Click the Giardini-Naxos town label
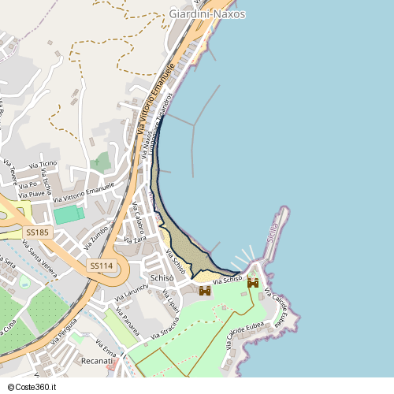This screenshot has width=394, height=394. pyautogui.click(x=207, y=13)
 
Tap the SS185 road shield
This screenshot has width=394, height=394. pyautogui.click(x=37, y=232)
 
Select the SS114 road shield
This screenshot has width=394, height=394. pyautogui.click(x=101, y=266)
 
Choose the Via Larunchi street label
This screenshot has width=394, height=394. pyautogui.click(x=131, y=292)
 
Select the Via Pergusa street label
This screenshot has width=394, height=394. pyautogui.click(x=64, y=332)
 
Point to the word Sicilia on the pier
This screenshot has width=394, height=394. pyautogui.click(x=272, y=234)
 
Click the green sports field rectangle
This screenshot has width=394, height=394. pyautogui.click(x=69, y=214)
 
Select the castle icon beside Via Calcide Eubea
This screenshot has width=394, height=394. pyautogui.click(x=253, y=282)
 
